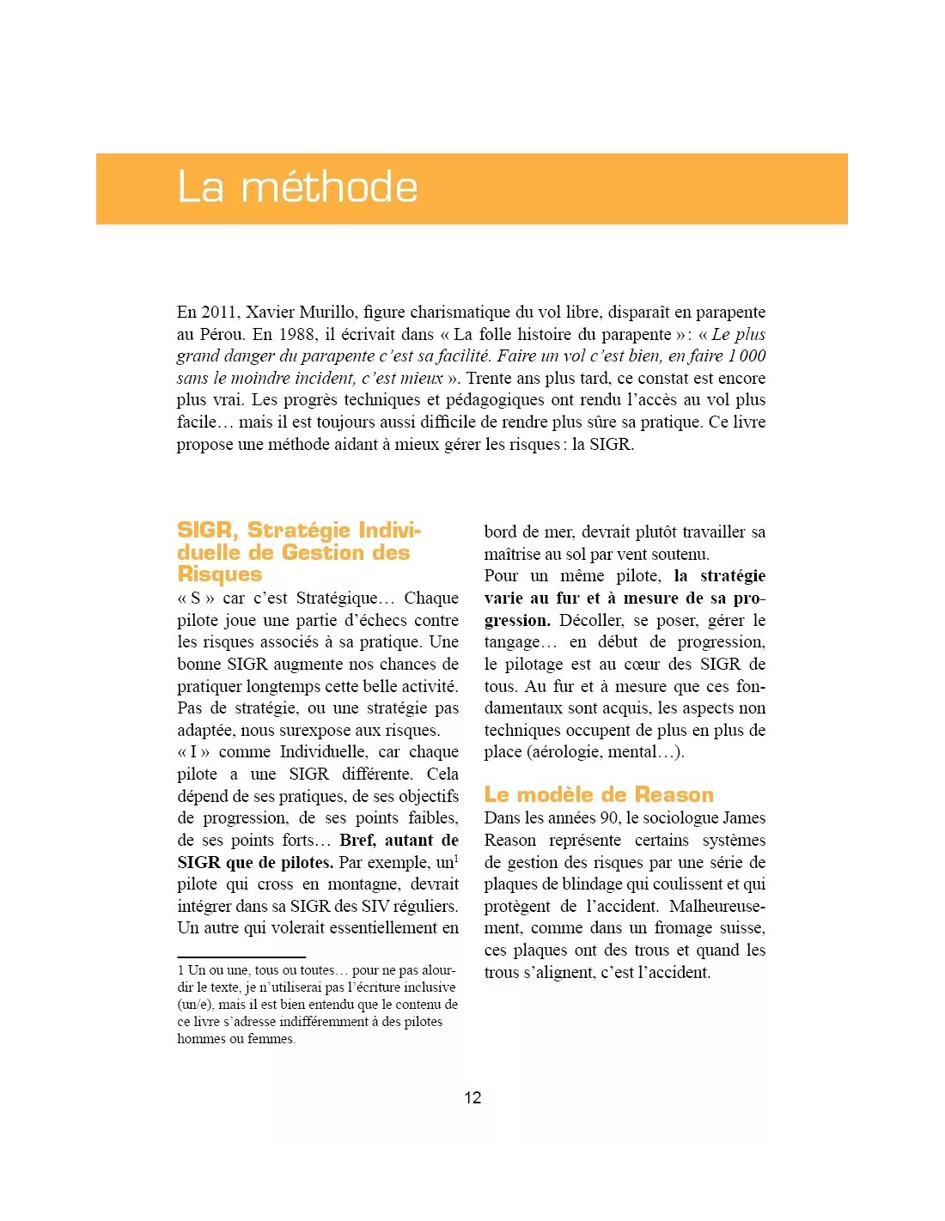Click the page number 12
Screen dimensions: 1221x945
472,1097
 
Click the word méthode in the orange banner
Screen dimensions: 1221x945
329,187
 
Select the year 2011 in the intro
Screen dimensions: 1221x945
220,313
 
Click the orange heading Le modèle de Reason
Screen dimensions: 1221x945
599,794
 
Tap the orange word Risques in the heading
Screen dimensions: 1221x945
220,574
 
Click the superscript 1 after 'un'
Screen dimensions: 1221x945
456,858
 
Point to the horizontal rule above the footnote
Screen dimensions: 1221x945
241,957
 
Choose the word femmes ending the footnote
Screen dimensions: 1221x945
271,1039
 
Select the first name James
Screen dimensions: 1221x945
744,818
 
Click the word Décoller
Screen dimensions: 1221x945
591,621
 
